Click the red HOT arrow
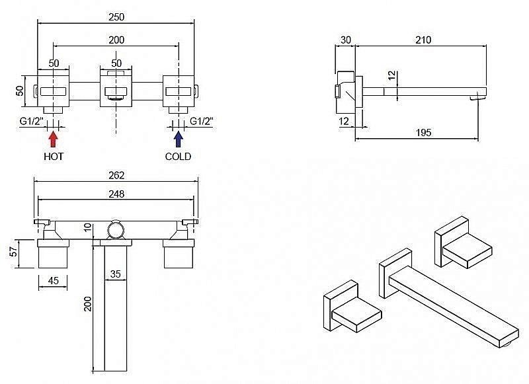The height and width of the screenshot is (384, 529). click(x=53, y=139)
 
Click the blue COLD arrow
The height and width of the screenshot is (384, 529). click(x=178, y=139)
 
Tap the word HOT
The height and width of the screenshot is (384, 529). click(x=54, y=157)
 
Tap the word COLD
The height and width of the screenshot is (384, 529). click(x=178, y=157)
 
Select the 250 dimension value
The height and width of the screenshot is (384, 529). click(x=116, y=17)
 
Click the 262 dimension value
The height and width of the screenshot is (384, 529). click(x=116, y=175)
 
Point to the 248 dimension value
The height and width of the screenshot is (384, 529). click(x=116, y=194)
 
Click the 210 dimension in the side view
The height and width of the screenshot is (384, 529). click(x=423, y=40)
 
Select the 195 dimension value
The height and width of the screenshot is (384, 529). click(x=423, y=132)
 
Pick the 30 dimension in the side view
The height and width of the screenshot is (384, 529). click(x=345, y=40)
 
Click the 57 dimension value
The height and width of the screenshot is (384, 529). click(x=13, y=252)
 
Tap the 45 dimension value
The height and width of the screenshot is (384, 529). click(x=54, y=280)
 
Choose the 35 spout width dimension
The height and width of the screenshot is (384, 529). click(x=115, y=274)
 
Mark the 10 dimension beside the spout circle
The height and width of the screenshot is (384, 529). click(x=88, y=227)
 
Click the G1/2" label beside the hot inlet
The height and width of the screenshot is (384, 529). click(x=31, y=121)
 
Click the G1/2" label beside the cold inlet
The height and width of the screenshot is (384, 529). click(x=202, y=121)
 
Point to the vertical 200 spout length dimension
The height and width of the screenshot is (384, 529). click(x=88, y=304)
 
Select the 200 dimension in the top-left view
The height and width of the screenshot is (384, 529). click(x=116, y=40)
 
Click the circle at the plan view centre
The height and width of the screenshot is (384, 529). click(x=116, y=230)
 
